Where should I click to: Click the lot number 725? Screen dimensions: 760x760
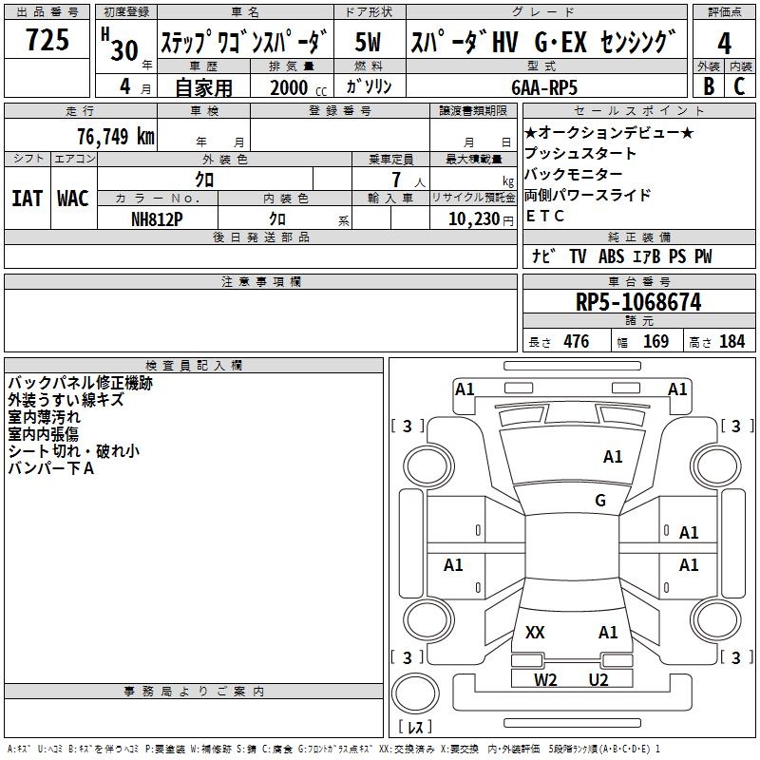[x=47, y=39]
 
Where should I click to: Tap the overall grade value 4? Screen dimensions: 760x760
[x=724, y=43]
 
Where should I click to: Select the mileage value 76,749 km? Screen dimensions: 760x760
[x=116, y=137]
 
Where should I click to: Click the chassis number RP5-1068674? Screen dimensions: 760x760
[x=638, y=301]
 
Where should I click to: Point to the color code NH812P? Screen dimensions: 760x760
[x=157, y=219]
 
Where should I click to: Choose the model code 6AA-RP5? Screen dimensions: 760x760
[x=544, y=87]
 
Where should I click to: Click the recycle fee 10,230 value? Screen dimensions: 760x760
[x=473, y=219]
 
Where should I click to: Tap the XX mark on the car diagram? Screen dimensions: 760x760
[x=535, y=632]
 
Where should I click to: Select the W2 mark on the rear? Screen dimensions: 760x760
[x=545, y=679]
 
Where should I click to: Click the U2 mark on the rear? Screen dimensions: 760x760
[x=598, y=679]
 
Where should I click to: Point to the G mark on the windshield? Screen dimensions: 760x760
[x=600, y=500]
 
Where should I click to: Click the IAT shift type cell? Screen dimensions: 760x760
[x=28, y=199]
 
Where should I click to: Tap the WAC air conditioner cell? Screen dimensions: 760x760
[x=73, y=199]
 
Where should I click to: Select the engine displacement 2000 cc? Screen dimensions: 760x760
[x=298, y=87]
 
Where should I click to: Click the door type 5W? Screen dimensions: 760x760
[x=368, y=42]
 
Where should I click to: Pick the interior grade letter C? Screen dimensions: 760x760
[x=739, y=86]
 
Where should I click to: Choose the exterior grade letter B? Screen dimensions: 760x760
[x=709, y=86]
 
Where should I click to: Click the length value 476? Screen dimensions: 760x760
[x=577, y=341]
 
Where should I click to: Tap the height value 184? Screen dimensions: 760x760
[x=731, y=341]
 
